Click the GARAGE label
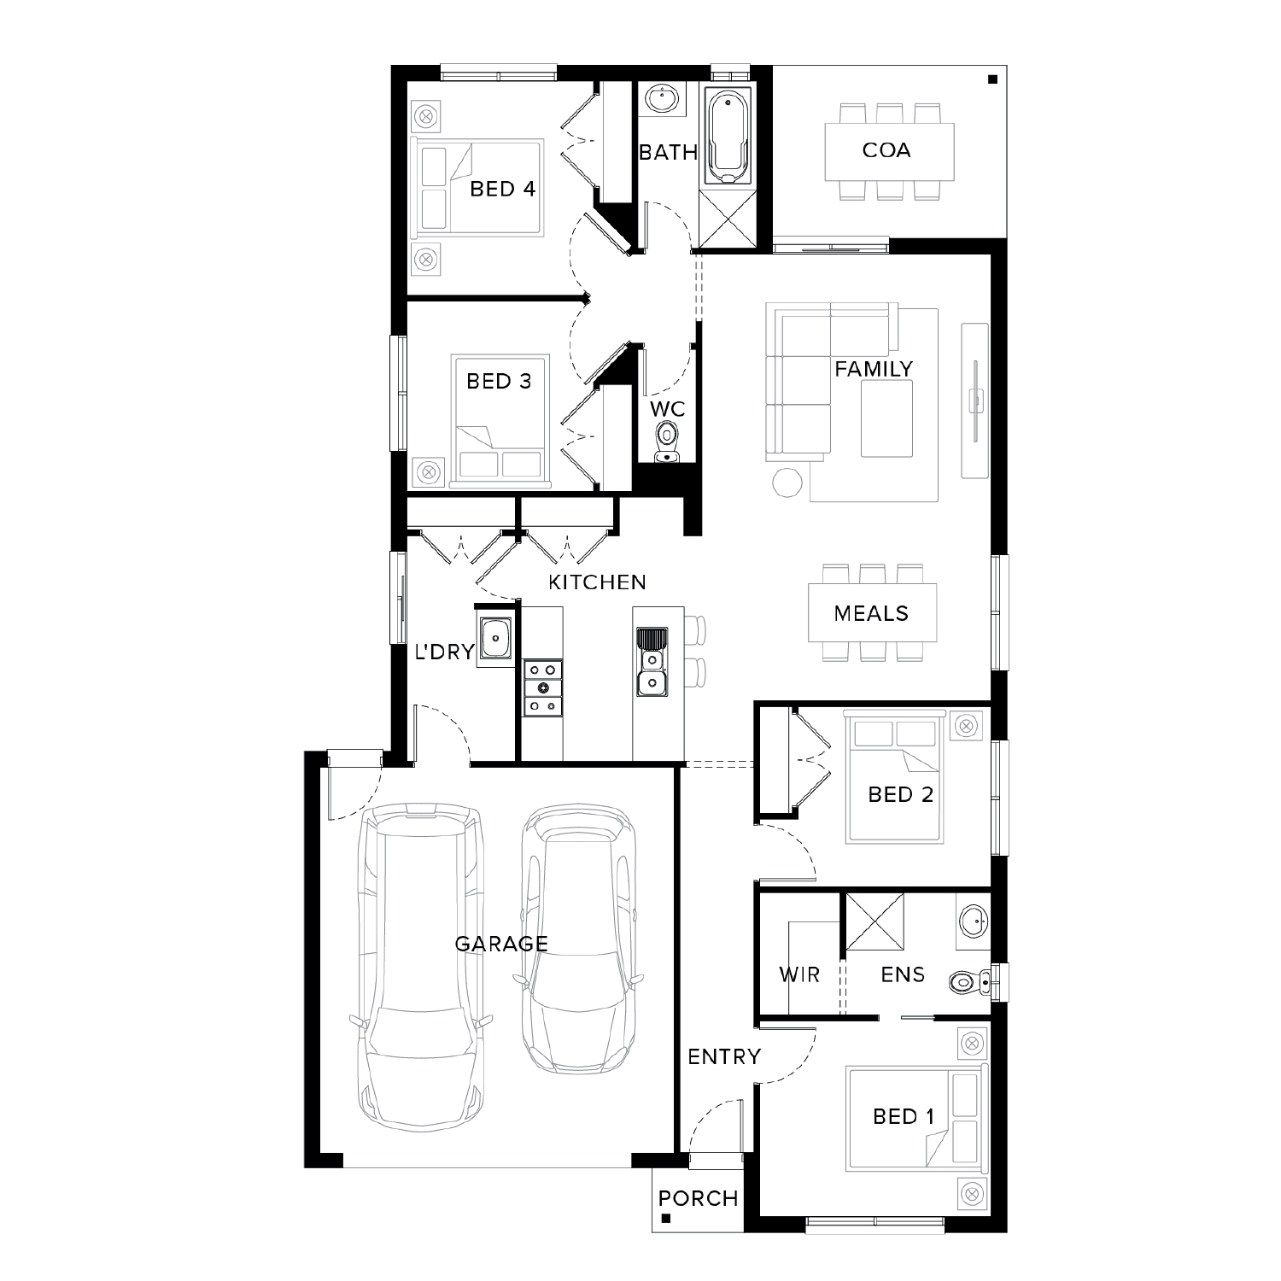[x=500, y=944]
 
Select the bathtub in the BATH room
[x=728, y=137]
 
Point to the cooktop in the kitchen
[x=542, y=687]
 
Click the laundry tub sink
[x=494, y=637]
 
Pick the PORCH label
[x=698, y=1198]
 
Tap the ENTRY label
[x=724, y=1056]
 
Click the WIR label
[x=799, y=974]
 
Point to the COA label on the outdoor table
[x=886, y=150]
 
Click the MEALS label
[x=871, y=613]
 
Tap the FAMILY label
[x=874, y=369]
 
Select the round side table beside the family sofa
[x=787, y=483]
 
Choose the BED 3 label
[x=499, y=381]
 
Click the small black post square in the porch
[x=666, y=1219]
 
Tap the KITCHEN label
[x=597, y=582]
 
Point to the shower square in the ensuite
[x=874, y=921]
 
